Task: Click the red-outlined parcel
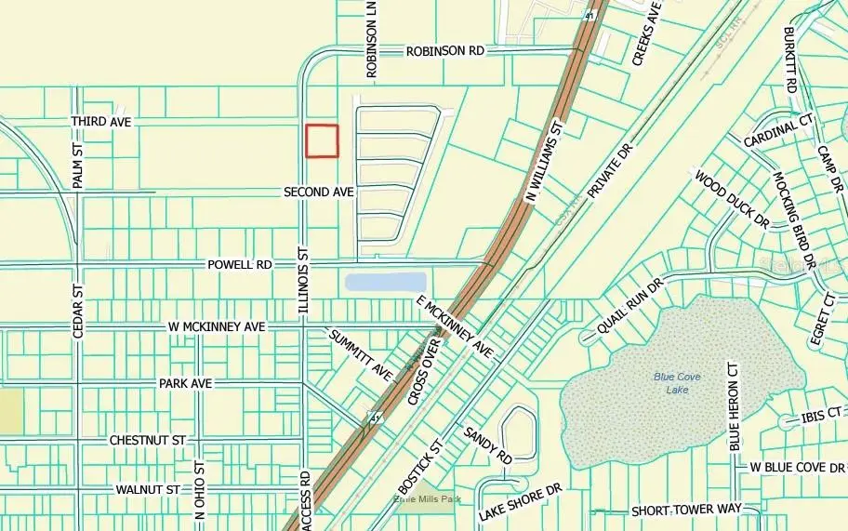[323, 141]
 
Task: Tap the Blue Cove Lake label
[677, 382]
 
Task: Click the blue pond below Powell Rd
[385, 282]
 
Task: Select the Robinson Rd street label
[445, 52]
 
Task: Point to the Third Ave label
[102, 122]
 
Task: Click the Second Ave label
[319, 192]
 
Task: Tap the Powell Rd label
[240, 265]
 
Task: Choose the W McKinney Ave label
[217, 326]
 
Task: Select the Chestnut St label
[148, 439]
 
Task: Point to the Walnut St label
[148, 489]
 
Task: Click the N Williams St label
[546, 161]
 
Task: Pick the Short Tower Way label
[686, 510]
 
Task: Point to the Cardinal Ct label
[778, 130]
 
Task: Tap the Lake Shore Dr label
[521, 501]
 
